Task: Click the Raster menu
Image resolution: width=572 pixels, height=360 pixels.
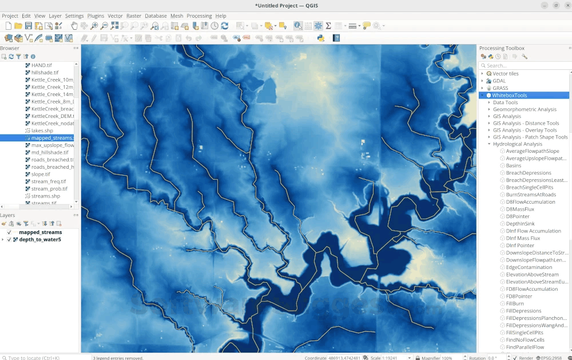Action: [133, 16]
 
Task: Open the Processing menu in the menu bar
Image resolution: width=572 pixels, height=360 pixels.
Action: [199, 16]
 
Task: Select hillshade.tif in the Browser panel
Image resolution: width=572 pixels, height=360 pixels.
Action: [45, 73]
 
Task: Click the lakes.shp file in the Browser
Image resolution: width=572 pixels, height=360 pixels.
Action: [42, 130]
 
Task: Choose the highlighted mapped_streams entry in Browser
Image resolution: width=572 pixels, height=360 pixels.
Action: [51, 138]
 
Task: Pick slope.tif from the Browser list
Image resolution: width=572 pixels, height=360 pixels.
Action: [41, 174]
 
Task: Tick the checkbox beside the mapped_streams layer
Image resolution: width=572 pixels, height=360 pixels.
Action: [9, 232]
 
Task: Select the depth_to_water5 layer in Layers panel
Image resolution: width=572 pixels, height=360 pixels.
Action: [39, 239]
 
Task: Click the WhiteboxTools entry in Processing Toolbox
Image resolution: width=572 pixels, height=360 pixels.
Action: [510, 96]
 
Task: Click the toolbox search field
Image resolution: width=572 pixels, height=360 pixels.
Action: [526, 65]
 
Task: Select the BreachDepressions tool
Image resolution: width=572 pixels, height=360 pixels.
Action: [528, 173]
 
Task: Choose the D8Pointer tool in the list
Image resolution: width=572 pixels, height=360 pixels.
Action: [518, 216]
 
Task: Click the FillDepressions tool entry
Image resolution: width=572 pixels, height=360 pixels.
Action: [523, 311]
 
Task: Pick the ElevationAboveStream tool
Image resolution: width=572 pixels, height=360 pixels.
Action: [532, 275]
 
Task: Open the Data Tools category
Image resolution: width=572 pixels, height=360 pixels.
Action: [505, 102]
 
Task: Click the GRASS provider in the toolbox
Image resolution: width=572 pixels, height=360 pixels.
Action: [500, 88]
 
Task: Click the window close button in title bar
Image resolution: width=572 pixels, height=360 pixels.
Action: [566, 5]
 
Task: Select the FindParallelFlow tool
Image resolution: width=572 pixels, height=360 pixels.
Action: [525, 347]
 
